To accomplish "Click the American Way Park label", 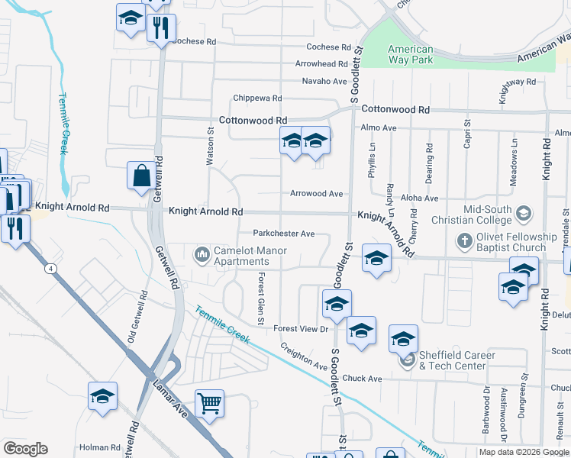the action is (411, 54).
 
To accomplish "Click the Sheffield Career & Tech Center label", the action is (456, 360).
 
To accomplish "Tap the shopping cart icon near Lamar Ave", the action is (209, 402).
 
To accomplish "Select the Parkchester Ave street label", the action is (284, 234).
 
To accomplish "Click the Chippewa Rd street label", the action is (258, 98).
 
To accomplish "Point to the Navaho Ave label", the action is (324, 81).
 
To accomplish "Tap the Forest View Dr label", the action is (301, 329).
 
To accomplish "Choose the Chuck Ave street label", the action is (362, 379).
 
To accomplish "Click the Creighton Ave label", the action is (304, 356).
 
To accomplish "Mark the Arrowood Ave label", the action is (316, 194).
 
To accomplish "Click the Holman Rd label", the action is (96, 447).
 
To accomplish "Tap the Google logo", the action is (25, 449).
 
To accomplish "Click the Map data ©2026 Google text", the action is (524, 452).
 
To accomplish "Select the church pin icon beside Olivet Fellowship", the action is (464, 242).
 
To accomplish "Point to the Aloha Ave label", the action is (420, 198).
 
